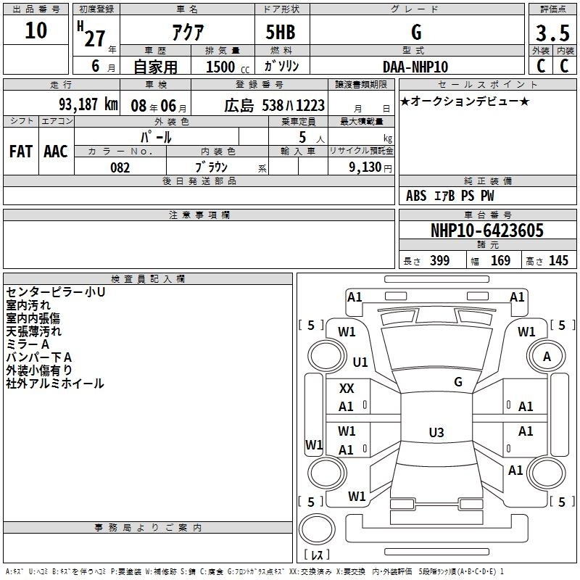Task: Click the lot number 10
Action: point(36,30)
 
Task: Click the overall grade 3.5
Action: point(552,33)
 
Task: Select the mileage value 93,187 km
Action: point(88,104)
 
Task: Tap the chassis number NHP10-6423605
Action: point(487,230)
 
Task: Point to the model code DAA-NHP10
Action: point(415,67)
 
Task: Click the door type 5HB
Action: point(281,32)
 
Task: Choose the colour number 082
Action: point(120,167)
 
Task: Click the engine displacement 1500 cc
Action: point(228,67)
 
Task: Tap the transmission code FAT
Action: point(21,152)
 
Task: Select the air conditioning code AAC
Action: point(56,152)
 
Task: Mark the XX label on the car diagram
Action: point(347,389)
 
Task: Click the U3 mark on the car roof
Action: point(436,432)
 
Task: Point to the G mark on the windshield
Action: point(458,382)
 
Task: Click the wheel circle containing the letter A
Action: point(547,356)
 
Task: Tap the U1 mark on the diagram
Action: point(360,362)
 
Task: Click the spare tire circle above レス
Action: point(317,529)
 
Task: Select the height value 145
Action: point(558,260)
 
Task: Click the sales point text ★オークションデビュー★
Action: point(465,101)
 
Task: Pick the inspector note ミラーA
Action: point(28,344)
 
